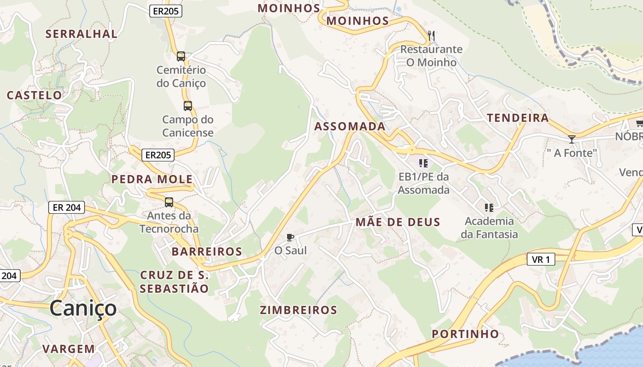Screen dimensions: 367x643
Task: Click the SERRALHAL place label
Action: (x=81, y=33)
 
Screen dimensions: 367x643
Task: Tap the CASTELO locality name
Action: (x=34, y=95)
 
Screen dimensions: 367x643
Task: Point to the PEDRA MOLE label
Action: (x=152, y=179)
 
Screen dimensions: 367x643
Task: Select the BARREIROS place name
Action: (x=207, y=251)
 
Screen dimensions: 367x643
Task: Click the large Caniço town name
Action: (x=83, y=308)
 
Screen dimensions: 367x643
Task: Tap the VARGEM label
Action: (x=68, y=349)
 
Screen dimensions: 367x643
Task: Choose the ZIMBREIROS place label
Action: (x=299, y=310)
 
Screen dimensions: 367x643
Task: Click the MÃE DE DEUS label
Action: (x=398, y=222)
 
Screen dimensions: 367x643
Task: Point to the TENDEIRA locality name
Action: (x=518, y=118)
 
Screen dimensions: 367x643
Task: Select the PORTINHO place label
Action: (x=466, y=334)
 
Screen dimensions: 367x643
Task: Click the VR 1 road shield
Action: (x=541, y=260)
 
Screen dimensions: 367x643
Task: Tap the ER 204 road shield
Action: (x=67, y=207)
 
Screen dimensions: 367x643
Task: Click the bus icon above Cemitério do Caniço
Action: (x=181, y=56)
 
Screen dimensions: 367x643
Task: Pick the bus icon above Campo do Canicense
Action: (x=188, y=106)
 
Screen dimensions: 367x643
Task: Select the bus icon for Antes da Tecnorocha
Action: (x=169, y=202)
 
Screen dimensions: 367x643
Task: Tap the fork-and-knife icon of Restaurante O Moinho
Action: (x=431, y=35)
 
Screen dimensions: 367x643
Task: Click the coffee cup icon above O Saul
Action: (x=290, y=237)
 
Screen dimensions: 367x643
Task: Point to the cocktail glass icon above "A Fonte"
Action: (x=571, y=139)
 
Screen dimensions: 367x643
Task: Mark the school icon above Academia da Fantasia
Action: (x=489, y=208)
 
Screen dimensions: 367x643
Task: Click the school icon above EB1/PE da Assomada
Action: (x=423, y=163)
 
